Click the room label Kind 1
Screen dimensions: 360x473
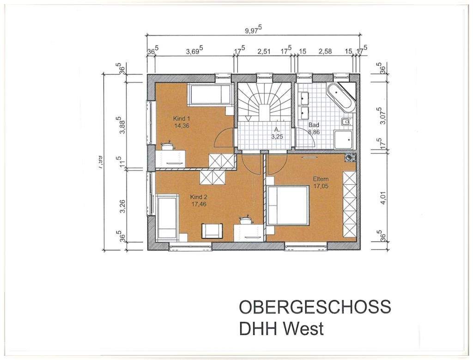click(182, 118)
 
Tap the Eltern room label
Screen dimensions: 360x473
click(320, 179)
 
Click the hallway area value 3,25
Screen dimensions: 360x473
click(276, 136)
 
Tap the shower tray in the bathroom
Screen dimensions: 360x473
click(344, 140)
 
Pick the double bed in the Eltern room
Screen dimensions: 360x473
click(288, 205)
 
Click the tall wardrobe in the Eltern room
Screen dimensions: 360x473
click(350, 203)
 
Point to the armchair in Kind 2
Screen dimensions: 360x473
click(212, 230)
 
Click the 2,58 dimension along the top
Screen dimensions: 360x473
click(325, 51)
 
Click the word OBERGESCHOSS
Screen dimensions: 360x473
click(315, 307)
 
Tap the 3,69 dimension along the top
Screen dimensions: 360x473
click(195, 51)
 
